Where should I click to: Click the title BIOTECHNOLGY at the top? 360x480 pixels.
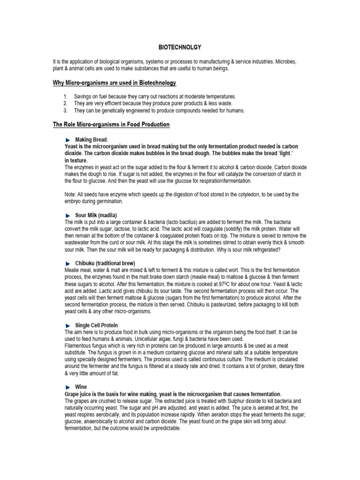[x=180, y=47]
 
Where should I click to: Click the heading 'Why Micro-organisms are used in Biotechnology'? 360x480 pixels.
[x=114, y=83]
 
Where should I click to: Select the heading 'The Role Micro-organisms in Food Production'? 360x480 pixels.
[x=111, y=125]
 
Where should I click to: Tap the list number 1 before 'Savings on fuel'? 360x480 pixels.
[x=66, y=96]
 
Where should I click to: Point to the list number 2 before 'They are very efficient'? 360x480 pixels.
[x=66, y=103]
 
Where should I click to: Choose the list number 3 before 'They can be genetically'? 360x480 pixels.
[x=66, y=111]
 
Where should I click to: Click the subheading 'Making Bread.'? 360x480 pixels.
[x=91, y=140]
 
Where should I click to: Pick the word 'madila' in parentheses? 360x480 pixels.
[x=107, y=215]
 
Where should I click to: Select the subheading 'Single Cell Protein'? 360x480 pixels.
[x=97, y=325]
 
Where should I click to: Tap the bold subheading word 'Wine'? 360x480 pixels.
[x=81, y=387]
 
